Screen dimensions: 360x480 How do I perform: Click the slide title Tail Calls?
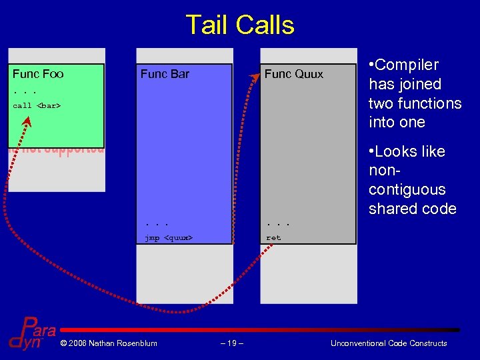239,25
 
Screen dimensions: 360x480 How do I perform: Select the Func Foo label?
38,74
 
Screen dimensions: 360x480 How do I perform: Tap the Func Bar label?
165,74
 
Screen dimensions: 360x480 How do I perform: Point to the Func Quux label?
293,74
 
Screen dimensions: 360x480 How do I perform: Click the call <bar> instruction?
37,105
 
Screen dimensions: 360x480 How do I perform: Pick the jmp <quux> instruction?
169,237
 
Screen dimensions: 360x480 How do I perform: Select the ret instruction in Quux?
273,237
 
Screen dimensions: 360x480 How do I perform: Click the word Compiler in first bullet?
407,65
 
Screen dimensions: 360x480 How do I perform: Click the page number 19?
231,343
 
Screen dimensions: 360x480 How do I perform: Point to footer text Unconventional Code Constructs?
389,343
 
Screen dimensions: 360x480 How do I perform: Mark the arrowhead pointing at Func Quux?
255,79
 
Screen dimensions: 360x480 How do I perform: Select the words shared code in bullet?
412,209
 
